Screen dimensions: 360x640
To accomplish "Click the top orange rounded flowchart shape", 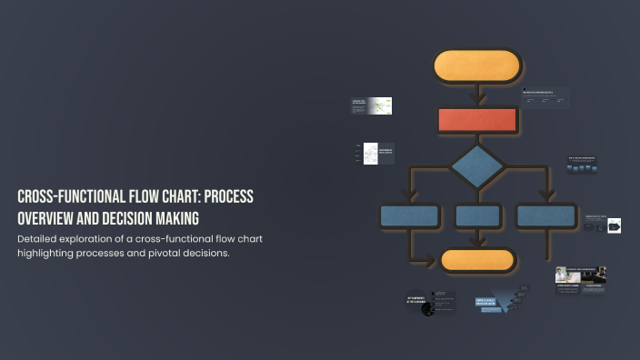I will tap(477, 66).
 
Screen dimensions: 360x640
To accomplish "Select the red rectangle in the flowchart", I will tap(478, 119).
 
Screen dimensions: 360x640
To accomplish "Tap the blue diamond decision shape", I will tap(477, 166).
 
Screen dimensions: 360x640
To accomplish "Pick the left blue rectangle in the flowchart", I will tap(410, 216).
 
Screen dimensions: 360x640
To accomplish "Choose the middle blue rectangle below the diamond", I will tap(478, 216).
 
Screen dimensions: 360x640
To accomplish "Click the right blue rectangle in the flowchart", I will tap(545, 216).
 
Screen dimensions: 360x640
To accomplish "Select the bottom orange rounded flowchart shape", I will tap(478, 260).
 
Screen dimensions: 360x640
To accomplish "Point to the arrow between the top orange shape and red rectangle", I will tap(478, 94).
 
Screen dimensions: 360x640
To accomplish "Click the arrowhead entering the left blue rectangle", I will tap(410, 195).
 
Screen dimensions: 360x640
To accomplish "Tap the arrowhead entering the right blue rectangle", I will tap(546, 195).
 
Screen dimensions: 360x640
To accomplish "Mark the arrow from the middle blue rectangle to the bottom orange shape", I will tap(478, 238).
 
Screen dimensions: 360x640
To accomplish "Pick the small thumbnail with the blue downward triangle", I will tap(502, 304).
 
